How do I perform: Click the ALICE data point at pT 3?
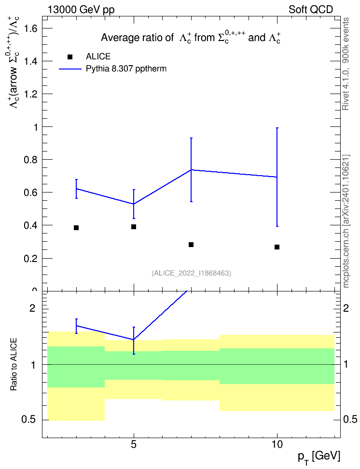(76, 228)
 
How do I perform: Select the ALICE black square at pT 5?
(134, 227)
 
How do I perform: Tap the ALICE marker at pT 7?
(191, 245)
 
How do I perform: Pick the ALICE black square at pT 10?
(277, 247)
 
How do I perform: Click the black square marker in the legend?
(70, 57)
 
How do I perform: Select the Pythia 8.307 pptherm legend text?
(126, 69)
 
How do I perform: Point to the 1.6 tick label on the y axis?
(31, 29)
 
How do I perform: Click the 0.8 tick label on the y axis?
(31, 160)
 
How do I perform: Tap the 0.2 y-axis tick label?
(31, 259)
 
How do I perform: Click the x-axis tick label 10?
(277, 444)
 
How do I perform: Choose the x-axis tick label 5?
(134, 444)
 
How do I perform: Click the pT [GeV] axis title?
(319, 457)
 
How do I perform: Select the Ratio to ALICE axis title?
(14, 364)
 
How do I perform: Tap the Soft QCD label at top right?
(311, 10)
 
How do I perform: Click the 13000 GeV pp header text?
(81, 10)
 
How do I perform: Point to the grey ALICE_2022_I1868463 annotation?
(192, 273)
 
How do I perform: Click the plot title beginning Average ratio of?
(191, 38)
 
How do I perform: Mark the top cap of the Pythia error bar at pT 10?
(277, 128)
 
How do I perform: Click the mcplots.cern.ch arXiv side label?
(346, 221)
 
